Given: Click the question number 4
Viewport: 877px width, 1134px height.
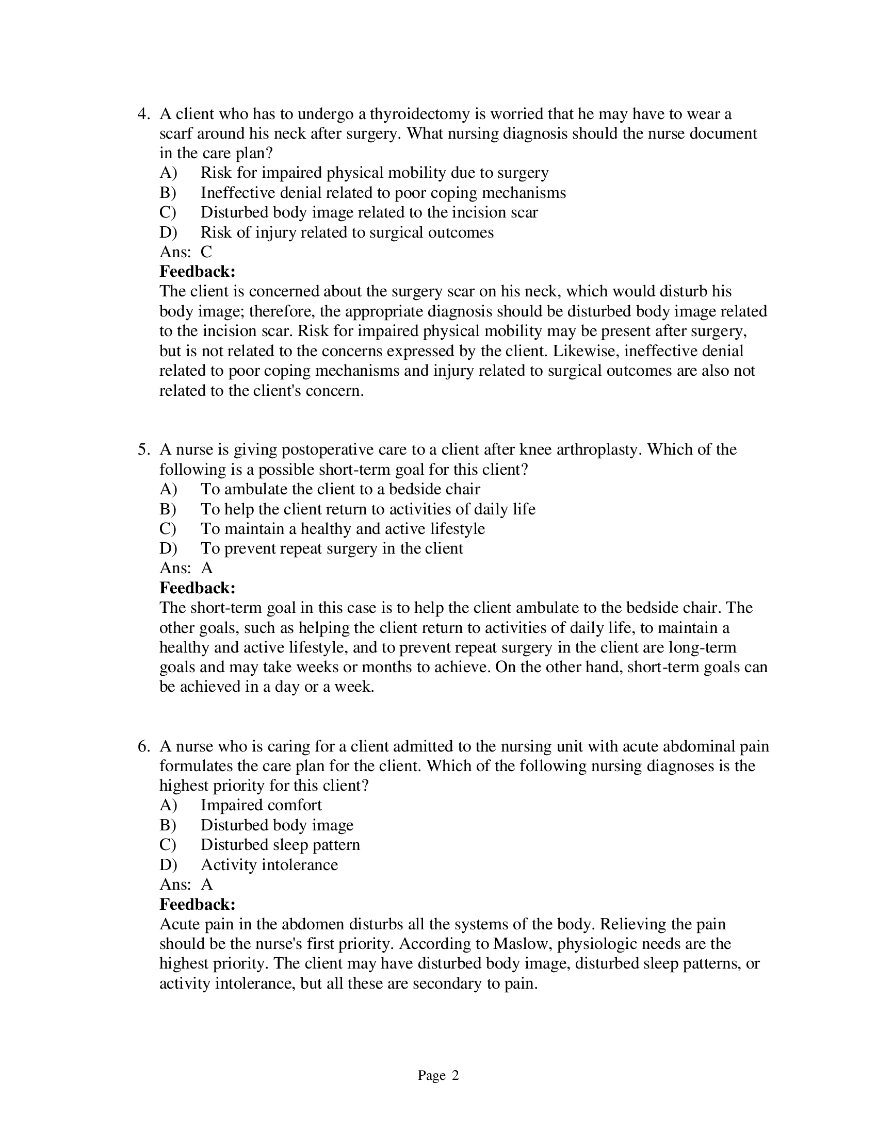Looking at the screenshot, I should tap(143, 114).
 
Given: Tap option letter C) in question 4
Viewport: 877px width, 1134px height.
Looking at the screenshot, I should tap(168, 212).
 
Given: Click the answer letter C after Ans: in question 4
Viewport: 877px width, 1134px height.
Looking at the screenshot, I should tap(206, 252).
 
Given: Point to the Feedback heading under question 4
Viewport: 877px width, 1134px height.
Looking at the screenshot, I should tap(198, 272).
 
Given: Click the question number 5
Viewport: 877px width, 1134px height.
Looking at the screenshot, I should tap(143, 449).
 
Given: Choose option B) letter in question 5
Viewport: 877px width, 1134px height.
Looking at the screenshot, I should tap(168, 509).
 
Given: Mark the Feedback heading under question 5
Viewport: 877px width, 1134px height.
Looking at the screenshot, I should tap(198, 588).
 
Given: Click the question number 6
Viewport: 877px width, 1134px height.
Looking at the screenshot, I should tap(143, 746).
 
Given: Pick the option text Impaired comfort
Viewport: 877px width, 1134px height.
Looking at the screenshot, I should tap(261, 805).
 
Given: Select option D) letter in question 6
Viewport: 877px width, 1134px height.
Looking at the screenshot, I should tap(168, 864).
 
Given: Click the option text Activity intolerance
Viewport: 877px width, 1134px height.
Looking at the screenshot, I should tap(269, 864).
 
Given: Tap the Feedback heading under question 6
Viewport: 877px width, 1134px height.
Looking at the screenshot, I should tap(198, 904).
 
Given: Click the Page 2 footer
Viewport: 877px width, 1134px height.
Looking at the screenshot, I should tap(438, 1075).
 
